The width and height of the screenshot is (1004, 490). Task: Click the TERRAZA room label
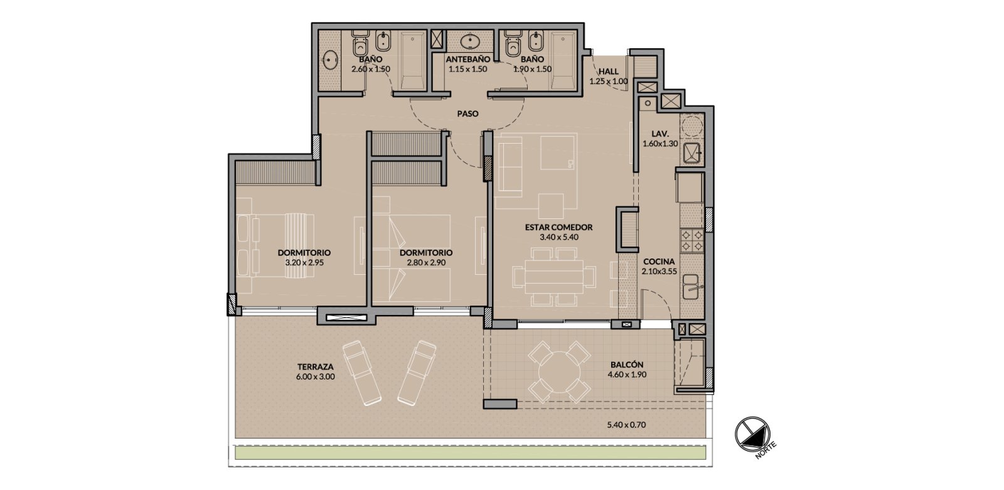click(x=315, y=367)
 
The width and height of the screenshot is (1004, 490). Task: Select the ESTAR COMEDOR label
click(x=558, y=227)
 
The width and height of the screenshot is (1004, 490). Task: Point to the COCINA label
click(x=659, y=262)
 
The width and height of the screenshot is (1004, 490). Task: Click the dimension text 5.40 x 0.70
click(x=626, y=425)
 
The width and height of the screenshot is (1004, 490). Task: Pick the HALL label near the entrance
click(x=608, y=72)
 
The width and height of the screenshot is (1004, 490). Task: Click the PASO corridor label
click(x=467, y=114)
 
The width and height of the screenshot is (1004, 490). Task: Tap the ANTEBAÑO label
click(x=467, y=59)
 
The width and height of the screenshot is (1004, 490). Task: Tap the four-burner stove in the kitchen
click(x=691, y=240)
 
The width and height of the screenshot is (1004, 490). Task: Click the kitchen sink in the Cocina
click(x=691, y=287)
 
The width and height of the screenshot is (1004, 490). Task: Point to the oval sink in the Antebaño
click(x=469, y=41)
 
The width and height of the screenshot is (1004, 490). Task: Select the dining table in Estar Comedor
click(x=554, y=277)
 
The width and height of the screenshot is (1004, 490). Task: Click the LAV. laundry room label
click(x=660, y=134)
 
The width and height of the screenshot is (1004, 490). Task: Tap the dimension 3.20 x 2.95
click(x=304, y=262)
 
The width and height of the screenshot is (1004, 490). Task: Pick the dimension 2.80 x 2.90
click(x=426, y=262)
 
